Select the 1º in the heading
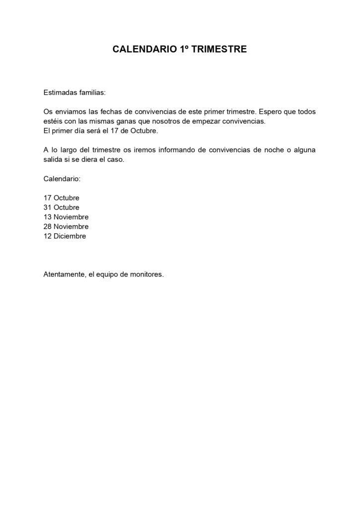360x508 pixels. tap(183, 50)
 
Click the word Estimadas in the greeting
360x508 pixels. tap(60, 92)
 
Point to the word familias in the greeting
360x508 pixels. tap(92, 92)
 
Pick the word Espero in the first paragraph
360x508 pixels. tap(272, 112)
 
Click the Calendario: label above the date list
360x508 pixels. tap(62, 179)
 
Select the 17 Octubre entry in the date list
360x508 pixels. tap(62, 198)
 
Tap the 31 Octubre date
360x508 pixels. tap(62, 207)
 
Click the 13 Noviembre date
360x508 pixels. tap(66, 217)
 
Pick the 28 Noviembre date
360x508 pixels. tap(66, 227)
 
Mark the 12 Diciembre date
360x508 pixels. tap(65, 236)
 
